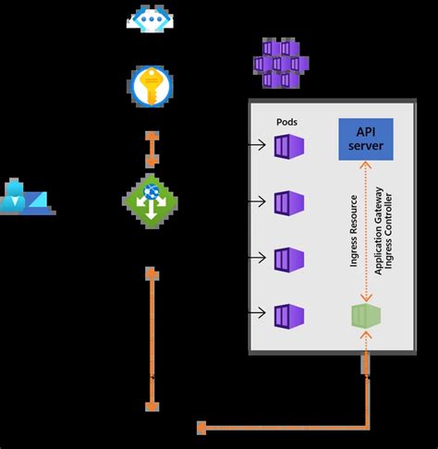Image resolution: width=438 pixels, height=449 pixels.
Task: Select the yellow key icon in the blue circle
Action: pos(151,85)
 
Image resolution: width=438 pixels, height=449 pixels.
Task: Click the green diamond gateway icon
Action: pos(151,201)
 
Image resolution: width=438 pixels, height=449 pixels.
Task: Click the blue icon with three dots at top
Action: pos(151,19)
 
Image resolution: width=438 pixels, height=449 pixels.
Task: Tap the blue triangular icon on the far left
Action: pos(27,198)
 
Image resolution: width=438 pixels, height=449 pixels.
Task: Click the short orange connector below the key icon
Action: pos(152,146)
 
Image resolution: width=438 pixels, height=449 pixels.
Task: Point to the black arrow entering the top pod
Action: pos(259,145)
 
